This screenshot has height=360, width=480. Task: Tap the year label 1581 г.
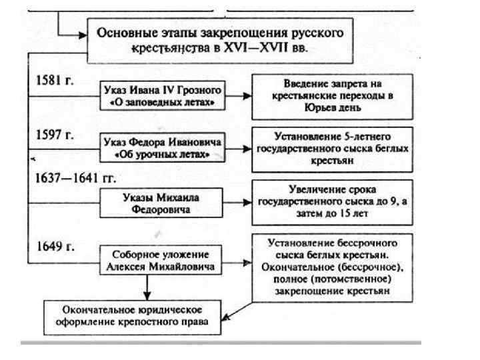point(55,80)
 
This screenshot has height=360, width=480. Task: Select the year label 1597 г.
point(55,133)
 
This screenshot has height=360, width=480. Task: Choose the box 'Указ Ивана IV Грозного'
point(161,96)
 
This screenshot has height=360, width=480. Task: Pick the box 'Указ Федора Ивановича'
point(161,148)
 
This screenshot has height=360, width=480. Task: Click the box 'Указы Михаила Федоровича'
point(161,201)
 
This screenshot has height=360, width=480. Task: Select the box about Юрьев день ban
point(332,94)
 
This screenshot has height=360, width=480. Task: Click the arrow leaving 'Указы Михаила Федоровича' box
point(239,201)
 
